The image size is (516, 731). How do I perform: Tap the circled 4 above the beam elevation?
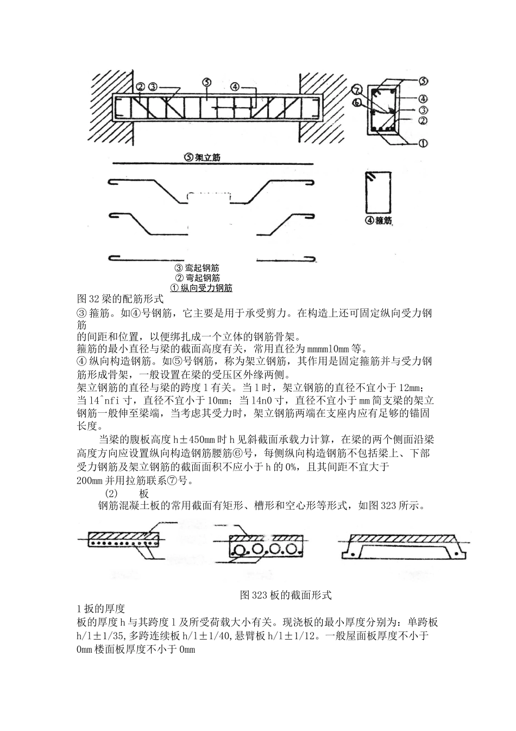pyautogui.click(x=235, y=86)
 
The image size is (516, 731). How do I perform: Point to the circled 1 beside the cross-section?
pyautogui.click(x=423, y=144)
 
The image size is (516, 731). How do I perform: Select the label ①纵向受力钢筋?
pyautogui.click(x=202, y=288)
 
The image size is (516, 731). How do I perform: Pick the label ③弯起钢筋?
pyautogui.click(x=197, y=268)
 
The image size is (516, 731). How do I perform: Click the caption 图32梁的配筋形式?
pyautogui.click(x=121, y=299)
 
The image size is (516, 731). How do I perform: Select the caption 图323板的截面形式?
pyautogui.click(x=286, y=595)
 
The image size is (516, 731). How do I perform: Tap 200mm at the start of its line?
pyautogui.click(x=90, y=481)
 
